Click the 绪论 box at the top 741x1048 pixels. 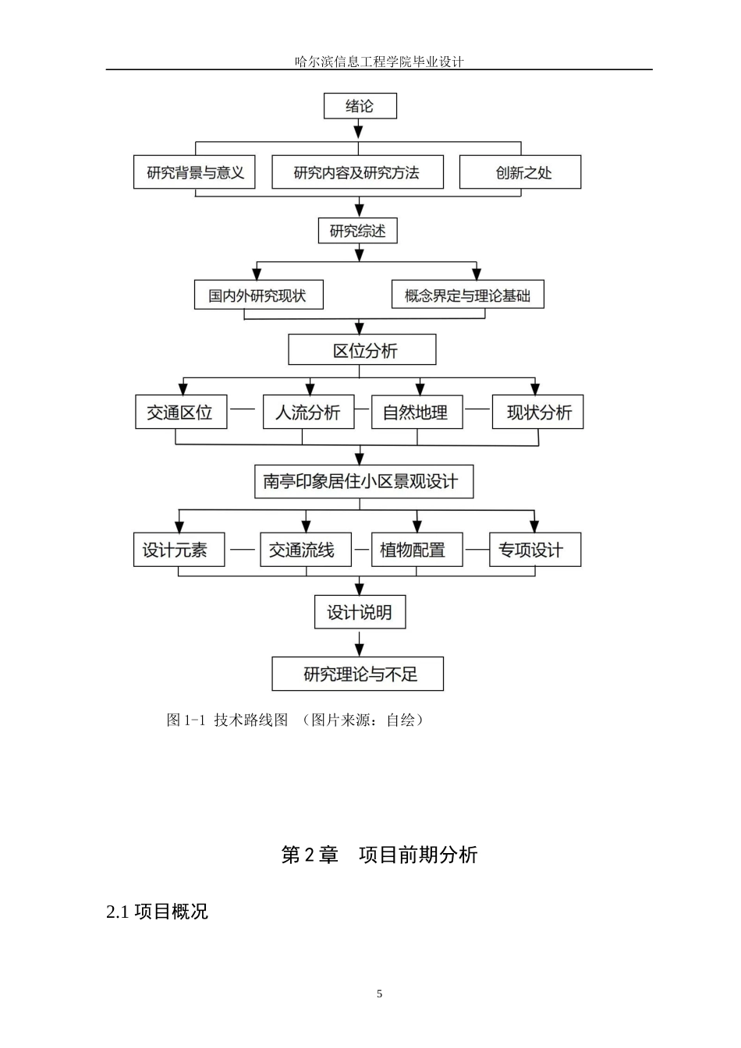(360, 106)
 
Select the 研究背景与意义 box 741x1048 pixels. (195, 172)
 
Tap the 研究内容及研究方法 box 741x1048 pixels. (356, 172)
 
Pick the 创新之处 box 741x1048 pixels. (519, 172)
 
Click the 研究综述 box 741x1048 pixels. (357, 231)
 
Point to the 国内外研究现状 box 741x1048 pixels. (258, 296)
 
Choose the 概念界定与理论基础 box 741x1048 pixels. (467, 296)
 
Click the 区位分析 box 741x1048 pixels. (362, 350)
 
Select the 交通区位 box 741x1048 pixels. (180, 412)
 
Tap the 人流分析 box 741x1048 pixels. (307, 412)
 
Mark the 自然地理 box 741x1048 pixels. (416, 412)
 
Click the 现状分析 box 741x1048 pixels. (537, 412)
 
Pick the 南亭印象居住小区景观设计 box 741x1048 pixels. (363, 481)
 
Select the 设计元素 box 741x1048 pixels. (179, 550)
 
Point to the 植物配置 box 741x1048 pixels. (416, 550)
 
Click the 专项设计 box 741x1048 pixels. (534, 550)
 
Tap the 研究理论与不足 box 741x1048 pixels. (357, 674)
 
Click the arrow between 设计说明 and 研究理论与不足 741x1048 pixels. (360, 643)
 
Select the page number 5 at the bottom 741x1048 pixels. (380, 993)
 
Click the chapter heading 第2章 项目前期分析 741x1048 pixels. (379, 855)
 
